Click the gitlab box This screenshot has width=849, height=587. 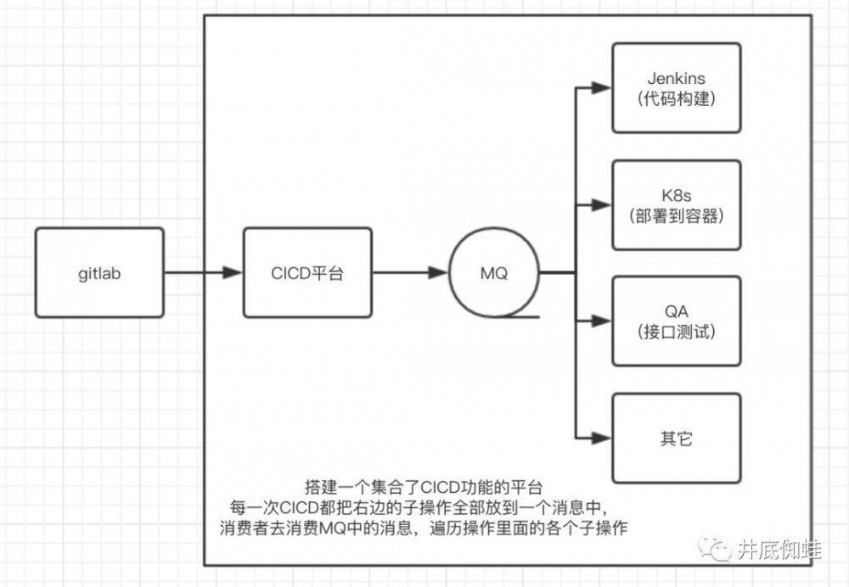click(100, 272)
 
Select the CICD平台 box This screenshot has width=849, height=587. click(307, 272)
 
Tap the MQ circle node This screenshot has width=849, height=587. click(494, 273)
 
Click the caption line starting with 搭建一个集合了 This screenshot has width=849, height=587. click(423, 487)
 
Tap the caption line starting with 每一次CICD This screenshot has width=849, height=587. click(423, 507)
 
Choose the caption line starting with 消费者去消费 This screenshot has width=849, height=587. click(423, 528)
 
